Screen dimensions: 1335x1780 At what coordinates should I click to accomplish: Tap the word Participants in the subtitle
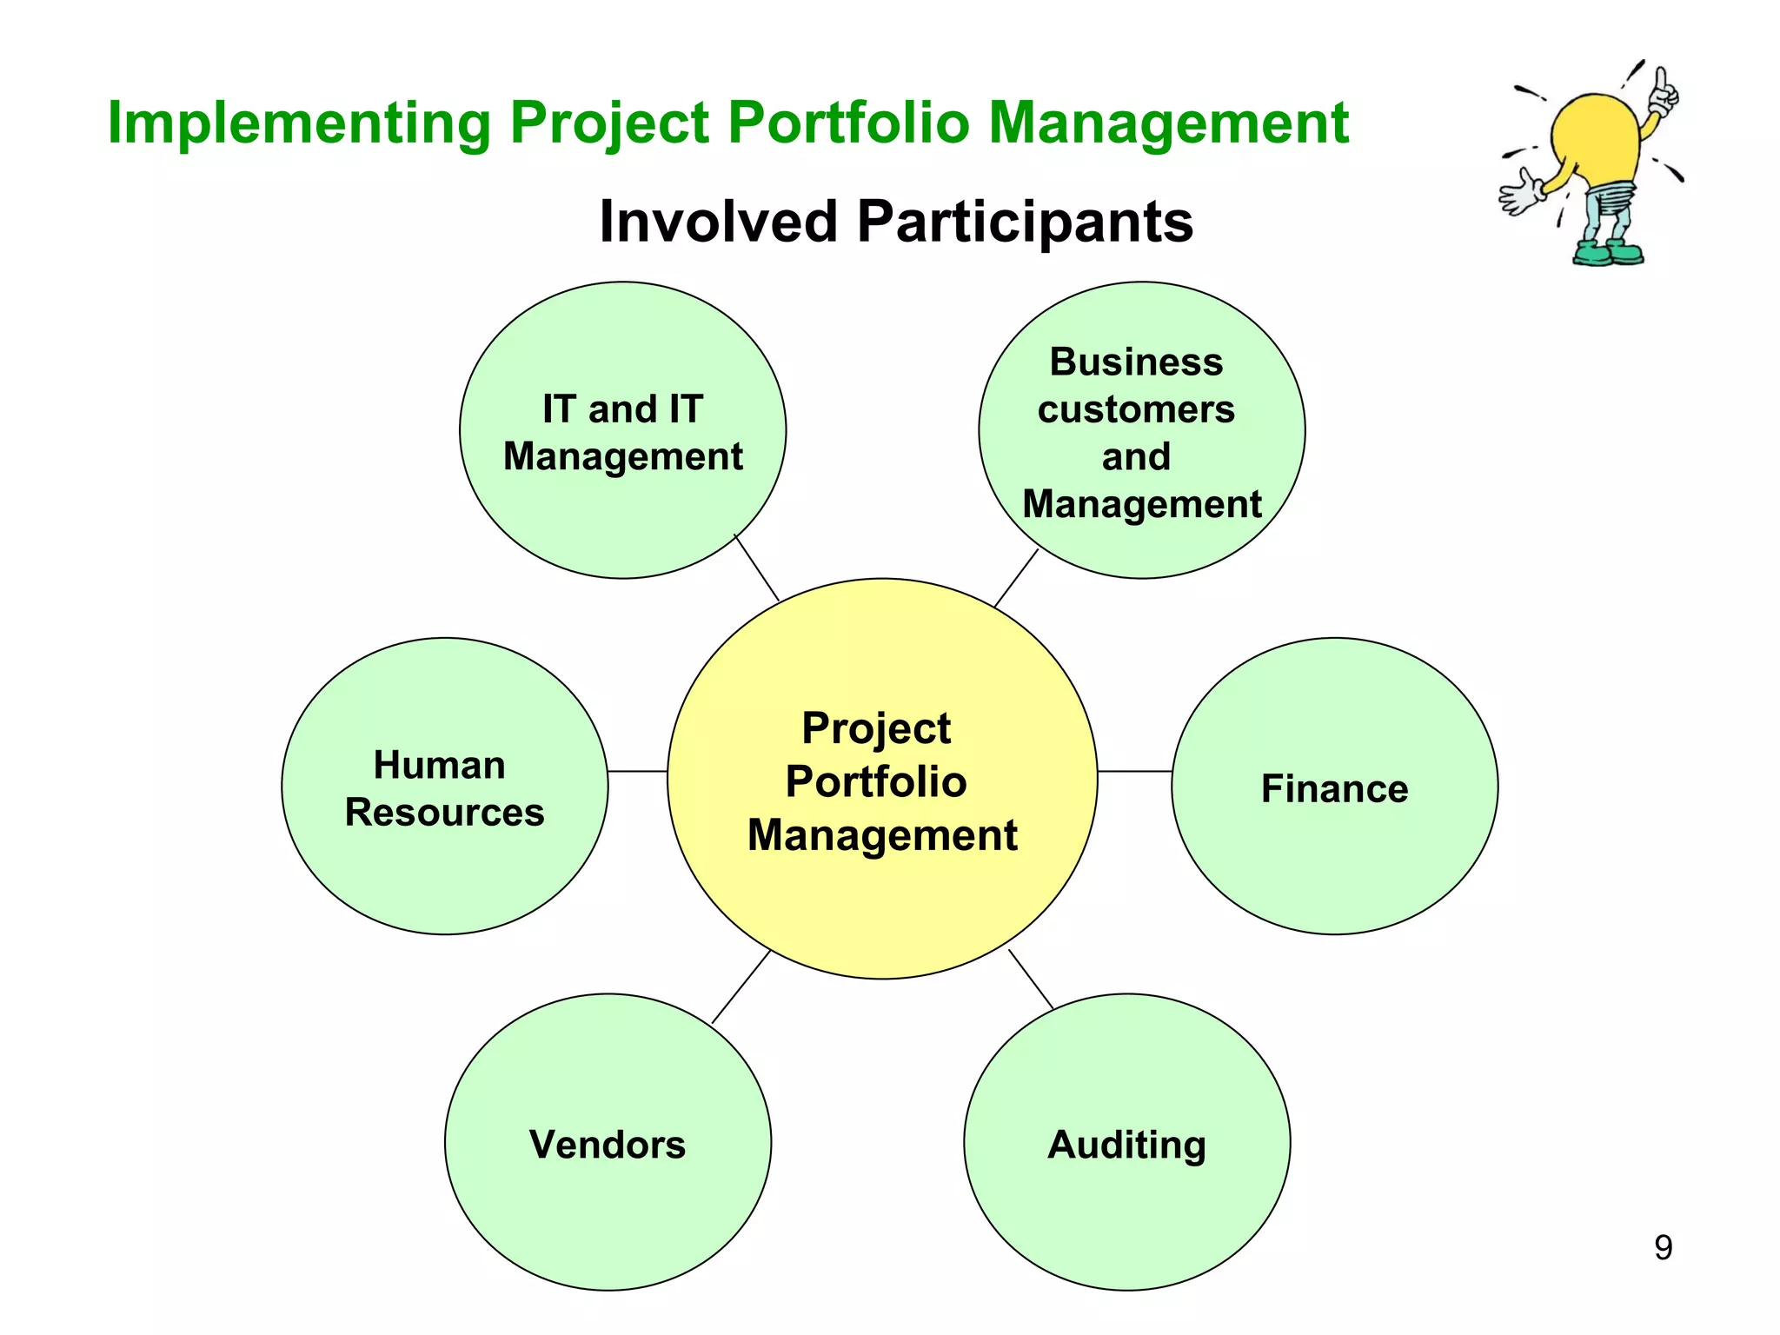[x=1025, y=222]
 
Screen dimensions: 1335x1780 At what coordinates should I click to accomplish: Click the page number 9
[x=1663, y=1247]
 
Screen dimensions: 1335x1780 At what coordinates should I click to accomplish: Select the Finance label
[x=1334, y=789]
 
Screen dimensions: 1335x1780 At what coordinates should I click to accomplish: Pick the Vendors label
[x=608, y=1145]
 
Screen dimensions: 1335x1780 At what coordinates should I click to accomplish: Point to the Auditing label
[x=1126, y=1145]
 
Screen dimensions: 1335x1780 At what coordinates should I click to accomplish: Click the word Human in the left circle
[x=440, y=766]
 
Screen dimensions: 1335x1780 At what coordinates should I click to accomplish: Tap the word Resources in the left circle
[x=444, y=813]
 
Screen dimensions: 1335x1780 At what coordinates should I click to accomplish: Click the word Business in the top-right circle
[x=1136, y=362]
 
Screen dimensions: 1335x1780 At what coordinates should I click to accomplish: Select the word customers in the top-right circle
[x=1136, y=409]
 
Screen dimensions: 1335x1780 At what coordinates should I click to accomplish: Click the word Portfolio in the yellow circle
[x=876, y=781]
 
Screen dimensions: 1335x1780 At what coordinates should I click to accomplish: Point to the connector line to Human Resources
[x=637, y=771]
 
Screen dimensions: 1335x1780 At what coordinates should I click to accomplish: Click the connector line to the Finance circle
[x=1134, y=771]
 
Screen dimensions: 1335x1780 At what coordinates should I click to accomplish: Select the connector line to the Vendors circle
[x=741, y=986]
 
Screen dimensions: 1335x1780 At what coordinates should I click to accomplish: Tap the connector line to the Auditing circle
[x=1031, y=980]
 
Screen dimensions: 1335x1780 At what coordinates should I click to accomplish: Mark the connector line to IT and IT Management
[x=757, y=568]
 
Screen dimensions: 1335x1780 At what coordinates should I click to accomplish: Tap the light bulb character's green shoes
[x=1609, y=254]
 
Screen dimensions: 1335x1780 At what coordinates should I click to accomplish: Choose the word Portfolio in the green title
[x=847, y=123]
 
